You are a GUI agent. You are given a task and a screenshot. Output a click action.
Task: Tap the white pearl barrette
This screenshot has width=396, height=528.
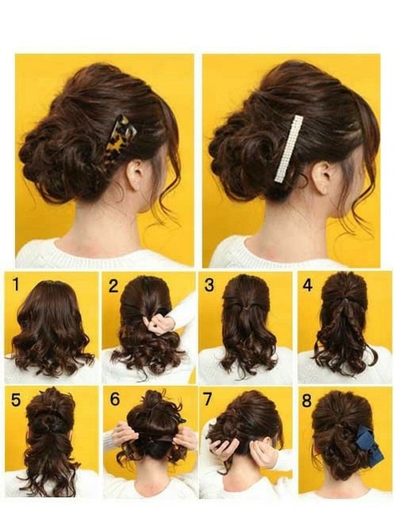(289, 148)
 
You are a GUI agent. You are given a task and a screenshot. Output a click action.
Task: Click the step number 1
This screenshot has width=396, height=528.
(13, 284)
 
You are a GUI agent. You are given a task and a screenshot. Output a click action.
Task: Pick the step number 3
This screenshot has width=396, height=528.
(210, 284)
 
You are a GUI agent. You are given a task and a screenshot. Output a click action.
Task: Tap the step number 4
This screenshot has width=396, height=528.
(307, 284)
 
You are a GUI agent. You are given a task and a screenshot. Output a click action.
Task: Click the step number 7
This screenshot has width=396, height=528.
(210, 400)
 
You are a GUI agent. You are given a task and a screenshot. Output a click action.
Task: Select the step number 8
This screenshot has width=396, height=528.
(307, 400)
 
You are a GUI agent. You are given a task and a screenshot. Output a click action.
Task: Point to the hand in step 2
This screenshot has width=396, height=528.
(161, 322)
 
